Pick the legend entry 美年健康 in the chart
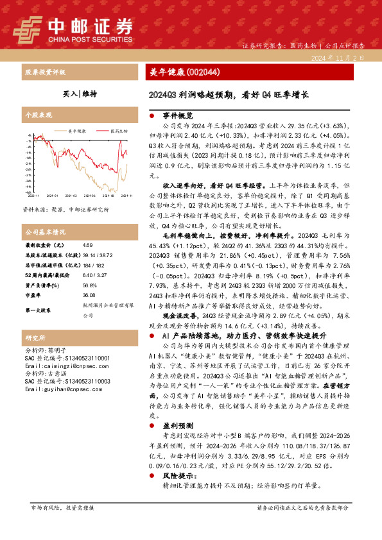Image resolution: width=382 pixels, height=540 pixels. pos(77,130)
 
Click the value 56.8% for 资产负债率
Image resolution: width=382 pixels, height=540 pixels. pos(89,286)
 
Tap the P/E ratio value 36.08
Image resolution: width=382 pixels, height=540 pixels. pos(89,296)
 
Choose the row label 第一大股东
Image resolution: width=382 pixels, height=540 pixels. pos(39,310)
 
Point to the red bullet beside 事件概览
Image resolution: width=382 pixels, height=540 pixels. pos(151,115)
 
